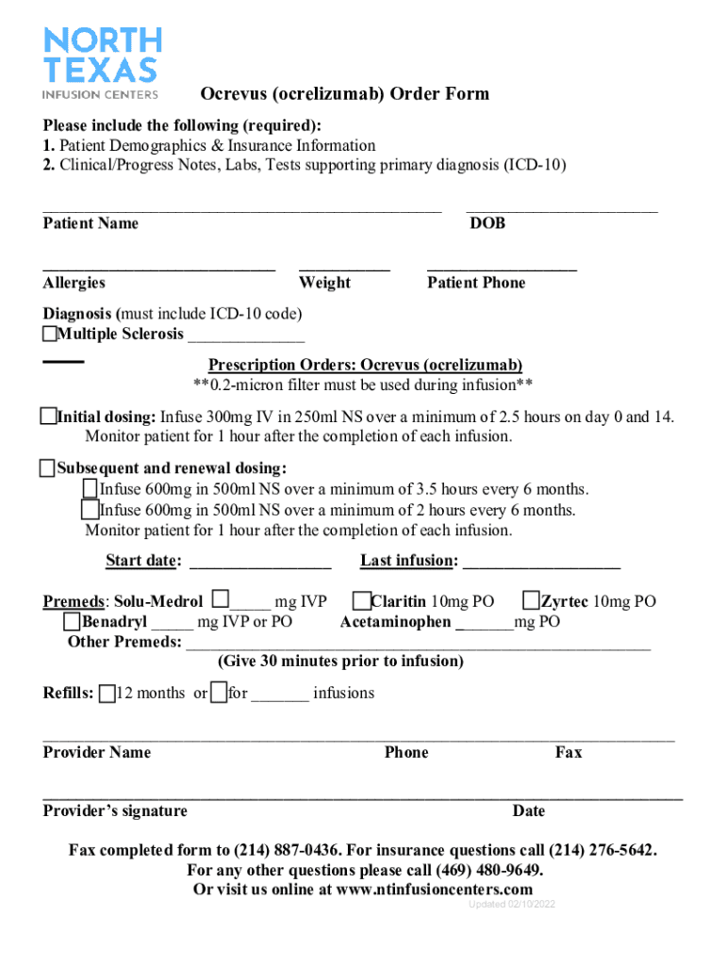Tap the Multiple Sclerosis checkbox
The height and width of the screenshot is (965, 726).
point(49,335)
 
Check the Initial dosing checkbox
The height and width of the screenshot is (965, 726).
point(48,417)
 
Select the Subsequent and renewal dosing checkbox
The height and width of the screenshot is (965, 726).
point(48,468)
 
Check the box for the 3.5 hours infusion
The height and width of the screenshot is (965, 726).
point(91,488)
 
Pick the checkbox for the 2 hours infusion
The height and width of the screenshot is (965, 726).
point(91,510)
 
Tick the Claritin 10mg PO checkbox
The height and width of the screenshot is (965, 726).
point(361,600)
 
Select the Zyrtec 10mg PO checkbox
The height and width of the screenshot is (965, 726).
point(531,600)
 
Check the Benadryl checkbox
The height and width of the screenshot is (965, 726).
point(72,621)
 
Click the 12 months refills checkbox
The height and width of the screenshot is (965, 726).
point(107,694)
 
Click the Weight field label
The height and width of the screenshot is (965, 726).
point(324,283)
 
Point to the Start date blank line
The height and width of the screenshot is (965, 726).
point(260,565)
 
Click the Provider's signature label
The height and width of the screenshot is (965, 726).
point(115,810)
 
